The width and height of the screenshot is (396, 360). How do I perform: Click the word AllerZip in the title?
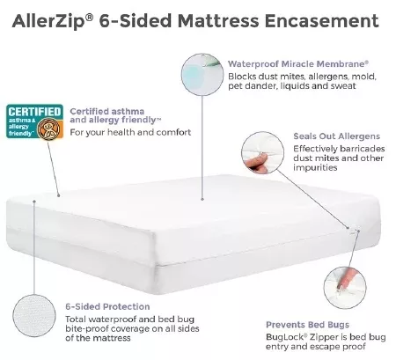tap(49, 22)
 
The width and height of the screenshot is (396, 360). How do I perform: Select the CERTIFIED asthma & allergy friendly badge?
tap(34, 121)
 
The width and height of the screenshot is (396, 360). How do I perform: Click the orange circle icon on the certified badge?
tap(49, 129)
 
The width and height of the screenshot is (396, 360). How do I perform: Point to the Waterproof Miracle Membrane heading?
tap(298, 64)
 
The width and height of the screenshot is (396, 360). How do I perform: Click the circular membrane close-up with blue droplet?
tap(202, 75)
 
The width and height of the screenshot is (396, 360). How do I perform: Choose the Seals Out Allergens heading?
tap(336, 136)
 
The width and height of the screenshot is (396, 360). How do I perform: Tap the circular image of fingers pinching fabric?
tap(262, 153)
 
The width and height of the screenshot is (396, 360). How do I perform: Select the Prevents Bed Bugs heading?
tap(307, 325)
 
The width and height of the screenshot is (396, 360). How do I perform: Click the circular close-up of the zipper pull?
tap(345, 288)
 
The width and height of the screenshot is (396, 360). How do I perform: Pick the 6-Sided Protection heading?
tap(107, 306)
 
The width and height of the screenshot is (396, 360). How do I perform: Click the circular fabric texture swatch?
tap(34, 316)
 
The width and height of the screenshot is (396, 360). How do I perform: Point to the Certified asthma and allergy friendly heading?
tap(115, 115)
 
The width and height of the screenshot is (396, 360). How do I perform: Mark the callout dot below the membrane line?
tap(202, 199)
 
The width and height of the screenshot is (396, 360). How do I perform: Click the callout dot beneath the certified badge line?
tap(59, 195)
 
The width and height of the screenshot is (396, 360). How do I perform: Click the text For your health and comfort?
tap(130, 132)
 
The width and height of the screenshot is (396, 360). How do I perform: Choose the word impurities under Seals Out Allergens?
tap(315, 167)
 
